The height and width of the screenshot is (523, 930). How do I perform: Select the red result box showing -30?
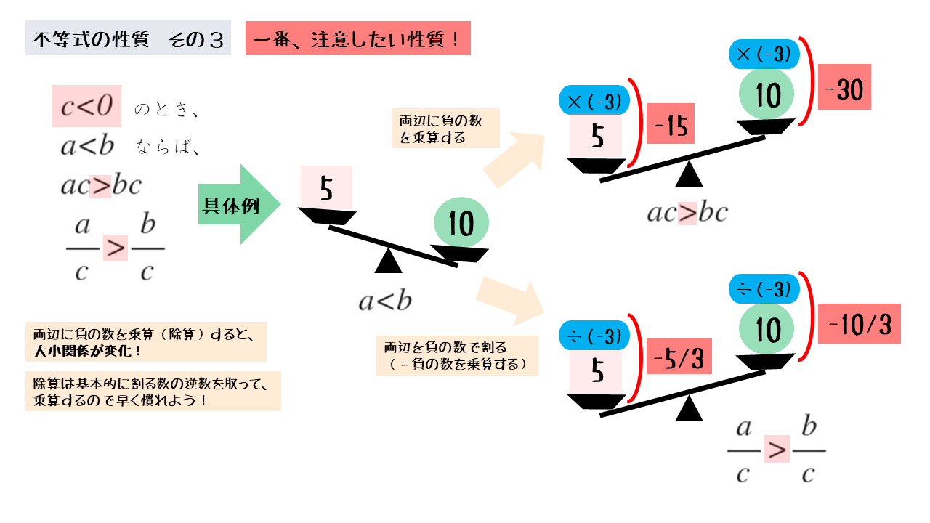844,89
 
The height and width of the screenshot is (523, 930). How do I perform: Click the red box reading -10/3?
859,323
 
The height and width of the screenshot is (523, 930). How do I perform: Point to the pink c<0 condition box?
86,107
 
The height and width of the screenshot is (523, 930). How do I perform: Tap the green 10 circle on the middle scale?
461,223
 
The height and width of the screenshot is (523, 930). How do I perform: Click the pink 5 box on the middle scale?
326,188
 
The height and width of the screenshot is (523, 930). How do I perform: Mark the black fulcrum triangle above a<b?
388,261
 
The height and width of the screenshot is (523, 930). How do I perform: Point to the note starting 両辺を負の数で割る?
457,355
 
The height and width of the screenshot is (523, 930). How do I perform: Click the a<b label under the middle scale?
384,301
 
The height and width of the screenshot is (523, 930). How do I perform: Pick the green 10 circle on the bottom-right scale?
767,331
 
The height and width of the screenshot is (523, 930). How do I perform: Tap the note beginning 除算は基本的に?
152,392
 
